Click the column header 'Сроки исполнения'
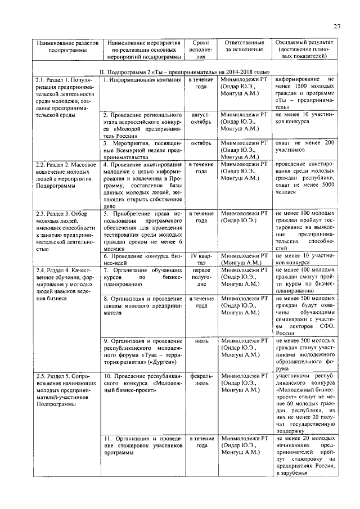tap(201, 49)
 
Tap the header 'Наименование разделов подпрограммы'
tap(66, 46)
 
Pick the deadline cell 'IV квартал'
tap(201, 259)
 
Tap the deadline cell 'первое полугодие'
tap(201, 277)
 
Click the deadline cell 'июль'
tap(201, 341)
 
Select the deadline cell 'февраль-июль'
tap(201, 379)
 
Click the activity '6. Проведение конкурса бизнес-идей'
tap(143, 259)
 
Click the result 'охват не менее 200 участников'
tap(304, 147)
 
